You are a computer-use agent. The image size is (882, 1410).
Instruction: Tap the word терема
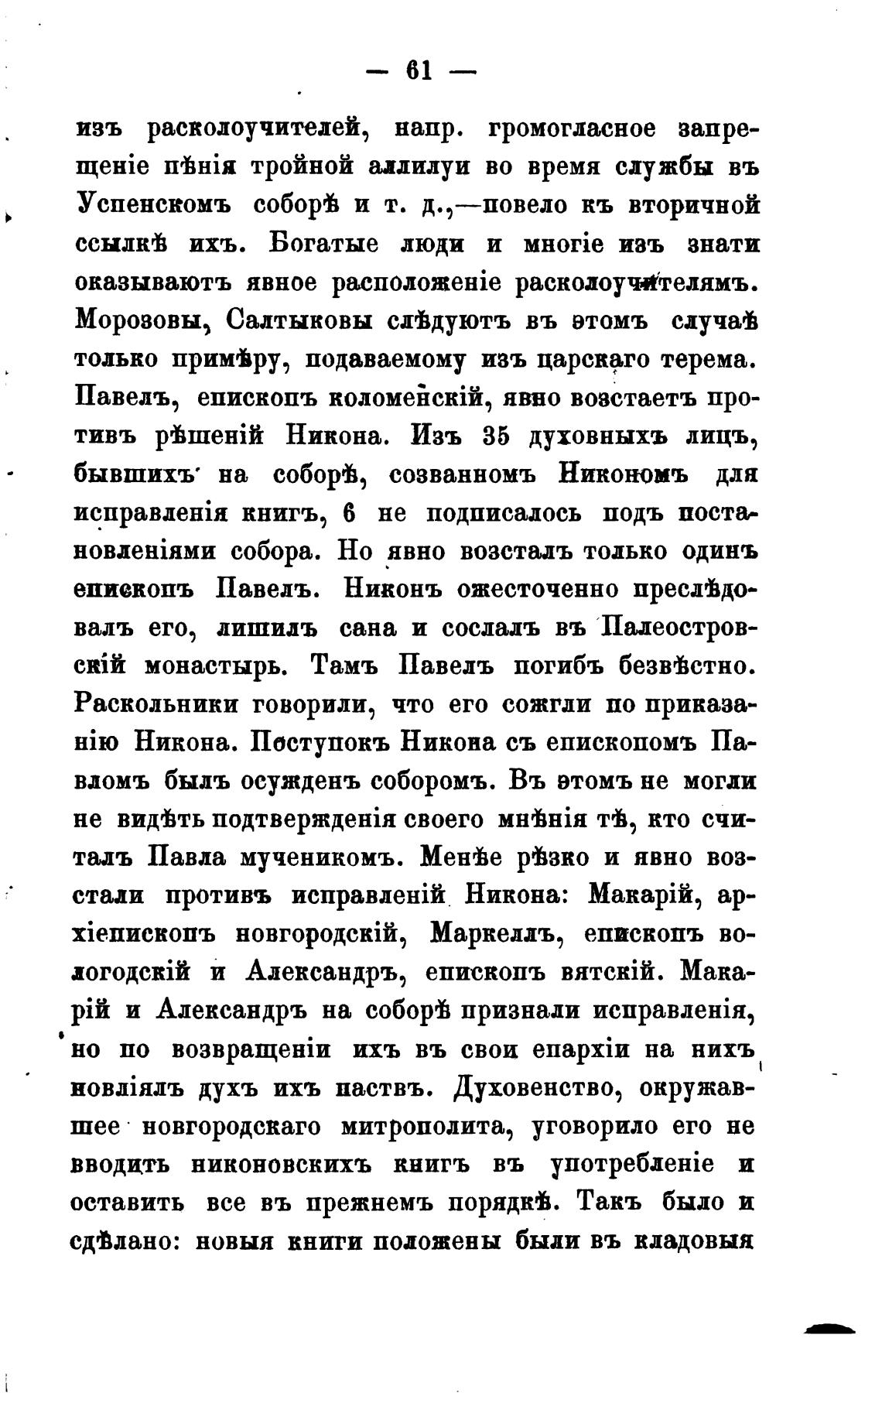click(x=703, y=358)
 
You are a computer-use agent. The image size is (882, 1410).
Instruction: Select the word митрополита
click(x=429, y=1126)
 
